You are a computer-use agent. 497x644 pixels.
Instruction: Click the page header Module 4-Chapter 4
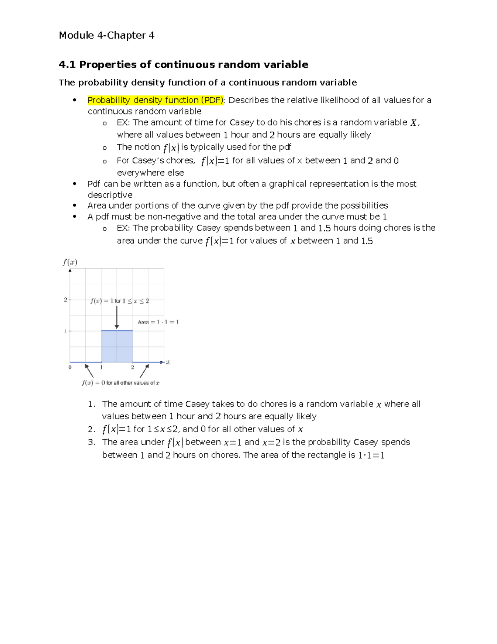(x=106, y=35)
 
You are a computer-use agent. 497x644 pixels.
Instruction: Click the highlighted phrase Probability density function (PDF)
(x=155, y=100)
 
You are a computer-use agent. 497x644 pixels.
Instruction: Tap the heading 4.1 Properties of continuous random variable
(x=183, y=64)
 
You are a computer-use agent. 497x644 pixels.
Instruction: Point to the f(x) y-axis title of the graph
(x=70, y=262)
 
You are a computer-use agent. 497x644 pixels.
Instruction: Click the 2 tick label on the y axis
(x=65, y=299)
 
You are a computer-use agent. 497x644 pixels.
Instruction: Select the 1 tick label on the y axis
(x=65, y=331)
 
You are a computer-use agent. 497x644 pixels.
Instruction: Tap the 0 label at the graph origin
(x=70, y=367)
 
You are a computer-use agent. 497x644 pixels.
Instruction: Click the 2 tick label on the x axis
(x=133, y=367)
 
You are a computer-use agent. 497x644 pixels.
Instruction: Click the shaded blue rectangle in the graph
(x=117, y=346)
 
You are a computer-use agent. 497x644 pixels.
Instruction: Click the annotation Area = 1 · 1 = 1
(x=158, y=322)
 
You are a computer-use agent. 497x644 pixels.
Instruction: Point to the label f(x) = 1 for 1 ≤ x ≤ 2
(x=120, y=301)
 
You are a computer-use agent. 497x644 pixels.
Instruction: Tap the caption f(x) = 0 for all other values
(x=121, y=383)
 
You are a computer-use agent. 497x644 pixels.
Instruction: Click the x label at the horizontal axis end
(x=168, y=362)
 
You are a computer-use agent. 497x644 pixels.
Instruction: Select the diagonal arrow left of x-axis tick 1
(x=89, y=371)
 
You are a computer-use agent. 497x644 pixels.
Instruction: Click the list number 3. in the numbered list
(x=92, y=442)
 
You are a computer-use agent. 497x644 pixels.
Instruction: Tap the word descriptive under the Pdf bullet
(x=110, y=195)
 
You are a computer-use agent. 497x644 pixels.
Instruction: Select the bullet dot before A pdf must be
(x=75, y=216)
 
